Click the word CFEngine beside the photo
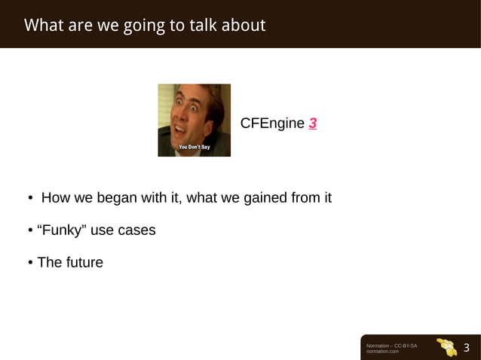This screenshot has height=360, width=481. [x=272, y=124]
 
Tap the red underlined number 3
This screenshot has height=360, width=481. [x=312, y=124]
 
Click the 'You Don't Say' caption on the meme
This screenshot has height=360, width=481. [x=194, y=146]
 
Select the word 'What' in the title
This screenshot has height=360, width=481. [x=44, y=26]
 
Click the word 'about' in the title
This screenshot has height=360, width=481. [x=244, y=26]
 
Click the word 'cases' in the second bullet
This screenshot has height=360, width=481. [x=136, y=230]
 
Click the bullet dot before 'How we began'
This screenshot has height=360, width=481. [x=30, y=199]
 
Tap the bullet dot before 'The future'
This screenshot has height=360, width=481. [x=30, y=264]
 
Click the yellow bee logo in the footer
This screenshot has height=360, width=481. [x=446, y=347]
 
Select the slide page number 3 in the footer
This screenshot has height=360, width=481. [x=466, y=348]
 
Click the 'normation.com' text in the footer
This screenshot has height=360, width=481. [x=382, y=352]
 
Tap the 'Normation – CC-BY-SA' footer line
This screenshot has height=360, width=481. [x=391, y=345]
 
